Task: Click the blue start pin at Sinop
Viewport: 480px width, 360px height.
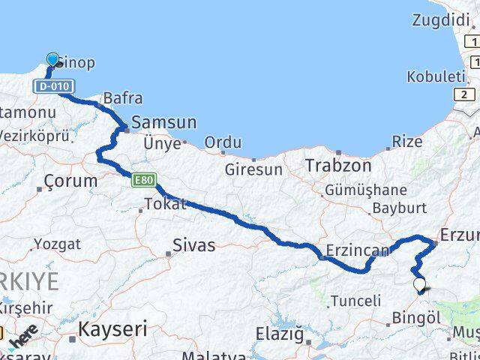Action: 52,60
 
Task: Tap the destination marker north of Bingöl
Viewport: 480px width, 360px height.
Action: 419,285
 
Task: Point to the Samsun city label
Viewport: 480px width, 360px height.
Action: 163,122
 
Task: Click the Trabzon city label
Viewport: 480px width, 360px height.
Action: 337,165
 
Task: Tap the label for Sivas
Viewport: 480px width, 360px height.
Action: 193,244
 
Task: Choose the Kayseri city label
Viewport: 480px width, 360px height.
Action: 113,328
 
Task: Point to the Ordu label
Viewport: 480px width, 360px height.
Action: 223,142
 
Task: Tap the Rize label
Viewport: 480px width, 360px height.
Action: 407,140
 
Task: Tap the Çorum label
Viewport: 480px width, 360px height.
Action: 71,181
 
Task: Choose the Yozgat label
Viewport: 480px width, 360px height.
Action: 57,244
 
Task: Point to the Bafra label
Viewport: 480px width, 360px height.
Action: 123,97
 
